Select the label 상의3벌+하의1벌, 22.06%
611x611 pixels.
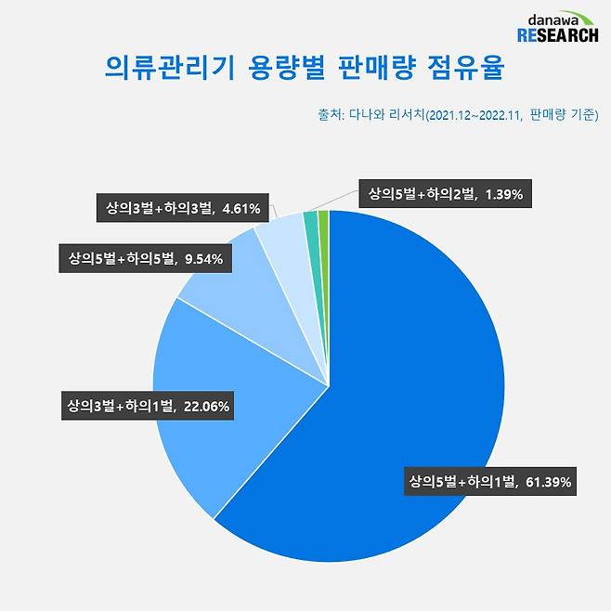pos(149,405)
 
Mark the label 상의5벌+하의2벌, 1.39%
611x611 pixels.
pos(447,194)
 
